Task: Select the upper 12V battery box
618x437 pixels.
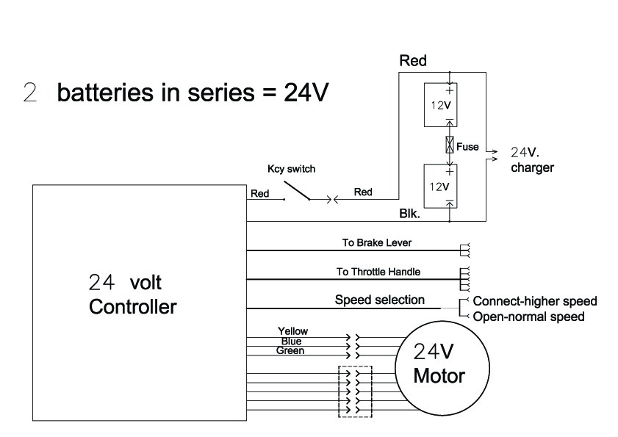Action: pos(440,106)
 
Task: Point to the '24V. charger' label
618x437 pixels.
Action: pos(531,161)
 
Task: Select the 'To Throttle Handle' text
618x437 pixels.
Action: pos(378,272)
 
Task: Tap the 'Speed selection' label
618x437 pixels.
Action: pos(379,300)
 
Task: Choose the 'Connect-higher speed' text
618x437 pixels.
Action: pos(534,301)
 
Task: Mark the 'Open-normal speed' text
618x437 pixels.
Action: pos(528,317)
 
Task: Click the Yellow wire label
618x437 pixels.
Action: pos(292,332)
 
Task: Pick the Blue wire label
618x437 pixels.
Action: pos(291,341)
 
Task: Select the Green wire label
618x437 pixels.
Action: pos(290,350)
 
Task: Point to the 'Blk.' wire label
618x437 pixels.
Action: pos(409,214)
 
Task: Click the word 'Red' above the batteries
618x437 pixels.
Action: pos(412,62)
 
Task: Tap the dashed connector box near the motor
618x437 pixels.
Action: pos(355,391)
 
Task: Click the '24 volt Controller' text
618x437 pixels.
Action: pos(132,294)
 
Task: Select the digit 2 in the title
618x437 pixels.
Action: pos(30,94)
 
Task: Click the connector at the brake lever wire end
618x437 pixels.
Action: pos(464,250)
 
